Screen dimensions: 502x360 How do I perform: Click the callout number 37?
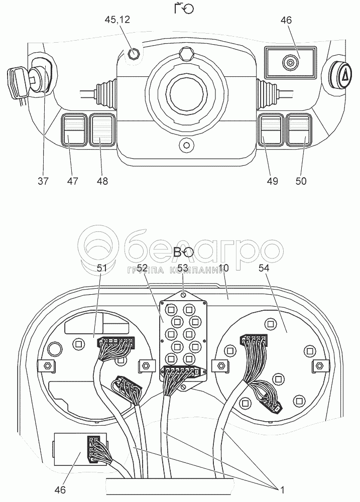(43, 181)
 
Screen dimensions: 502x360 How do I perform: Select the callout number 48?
(102, 181)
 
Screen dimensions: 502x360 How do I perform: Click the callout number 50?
(301, 181)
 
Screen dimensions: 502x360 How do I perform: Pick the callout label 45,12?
(116, 20)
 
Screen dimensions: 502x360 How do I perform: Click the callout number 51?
(102, 269)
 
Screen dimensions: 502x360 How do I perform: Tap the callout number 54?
(264, 269)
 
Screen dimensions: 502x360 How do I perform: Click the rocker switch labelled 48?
(102, 130)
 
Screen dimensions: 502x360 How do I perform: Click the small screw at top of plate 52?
(184, 295)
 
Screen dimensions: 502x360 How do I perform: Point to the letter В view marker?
(179, 253)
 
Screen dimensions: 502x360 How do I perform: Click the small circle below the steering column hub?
(187, 146)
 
